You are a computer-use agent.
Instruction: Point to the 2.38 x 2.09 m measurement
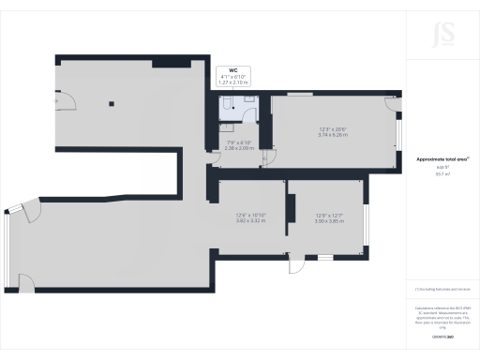pyautogui.click(x=239, y=148)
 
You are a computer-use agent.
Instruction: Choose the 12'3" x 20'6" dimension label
pyautogui.click(x=333, y=129)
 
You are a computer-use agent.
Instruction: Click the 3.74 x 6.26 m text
pyautogui.click(x=333, y=135)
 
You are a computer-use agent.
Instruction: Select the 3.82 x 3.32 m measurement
pyautogui.click(x=250, y=221)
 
